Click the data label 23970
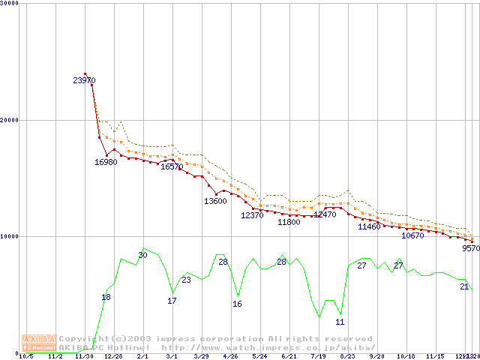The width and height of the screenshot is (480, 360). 84,80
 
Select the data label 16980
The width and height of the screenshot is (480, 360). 106,162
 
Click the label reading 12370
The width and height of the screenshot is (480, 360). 252,215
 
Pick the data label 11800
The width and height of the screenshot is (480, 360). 289,223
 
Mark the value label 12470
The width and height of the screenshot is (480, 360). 325,214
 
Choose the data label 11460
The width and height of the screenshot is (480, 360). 369,226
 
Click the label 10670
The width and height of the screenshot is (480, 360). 413,235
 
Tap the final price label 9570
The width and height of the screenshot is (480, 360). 470,248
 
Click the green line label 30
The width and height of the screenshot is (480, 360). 142,256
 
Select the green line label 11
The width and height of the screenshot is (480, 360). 340,322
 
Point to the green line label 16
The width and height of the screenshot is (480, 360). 237,304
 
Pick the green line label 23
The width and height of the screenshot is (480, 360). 186,280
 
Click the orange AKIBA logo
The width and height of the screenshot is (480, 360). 40,343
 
